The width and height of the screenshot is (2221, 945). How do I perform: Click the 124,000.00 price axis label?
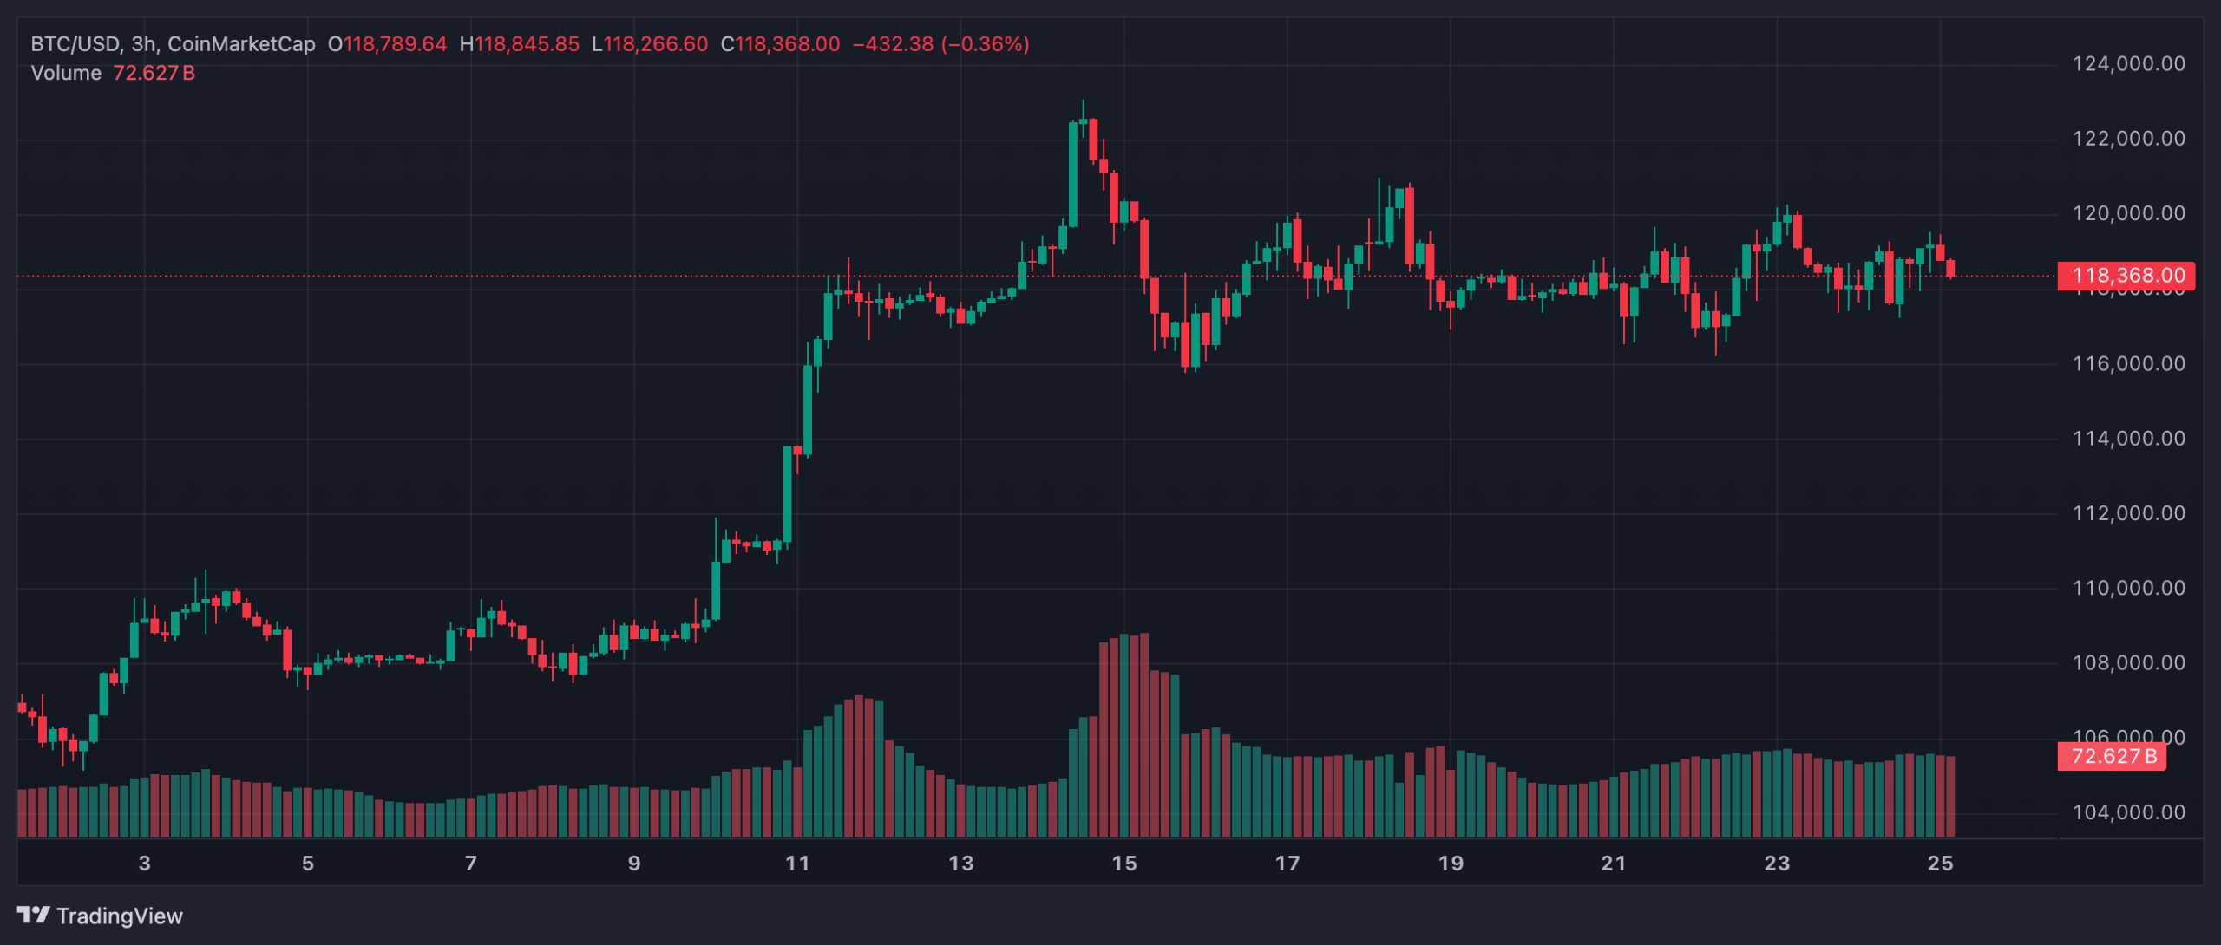[2128, 64]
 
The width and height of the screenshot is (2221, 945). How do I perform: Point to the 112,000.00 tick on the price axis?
[2128, 513]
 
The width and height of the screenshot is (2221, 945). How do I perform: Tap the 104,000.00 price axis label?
[2128, 812]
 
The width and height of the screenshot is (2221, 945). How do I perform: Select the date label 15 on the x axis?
[1124, 864]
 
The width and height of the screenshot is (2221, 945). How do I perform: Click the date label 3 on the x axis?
[144, 864]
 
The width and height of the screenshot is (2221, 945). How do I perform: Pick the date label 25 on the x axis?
[1940, 864]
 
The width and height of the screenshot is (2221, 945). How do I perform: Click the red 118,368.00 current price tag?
[2126, 276]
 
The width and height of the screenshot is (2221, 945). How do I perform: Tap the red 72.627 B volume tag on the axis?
[2113, 756]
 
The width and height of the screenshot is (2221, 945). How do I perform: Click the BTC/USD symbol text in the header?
[75, 44]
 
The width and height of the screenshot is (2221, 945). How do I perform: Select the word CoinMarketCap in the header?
[241, 44]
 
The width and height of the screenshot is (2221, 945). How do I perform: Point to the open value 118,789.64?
[395, 44]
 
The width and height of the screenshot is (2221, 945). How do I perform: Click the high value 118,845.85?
[527, 44]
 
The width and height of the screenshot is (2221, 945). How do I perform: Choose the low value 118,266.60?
[656, 44]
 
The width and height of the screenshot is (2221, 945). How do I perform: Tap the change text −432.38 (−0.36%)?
[940, 44]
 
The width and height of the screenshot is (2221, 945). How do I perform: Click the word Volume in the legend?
[66, 74]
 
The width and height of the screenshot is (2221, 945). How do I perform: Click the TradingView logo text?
[119, 916]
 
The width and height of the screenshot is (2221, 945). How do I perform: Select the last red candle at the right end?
[1950, 269]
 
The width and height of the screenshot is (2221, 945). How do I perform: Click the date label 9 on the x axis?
[634, 864]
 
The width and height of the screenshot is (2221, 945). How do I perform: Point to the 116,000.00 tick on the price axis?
[2128, 363]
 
